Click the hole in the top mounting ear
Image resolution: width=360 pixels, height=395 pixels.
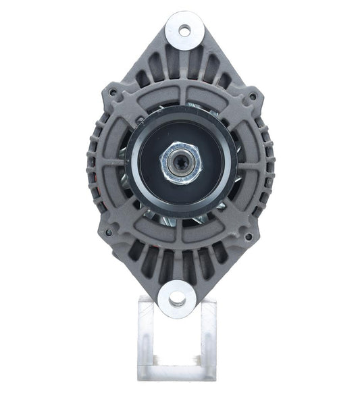(x=184, y=30)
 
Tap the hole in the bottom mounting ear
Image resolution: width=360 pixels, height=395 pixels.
(x=177, y=296)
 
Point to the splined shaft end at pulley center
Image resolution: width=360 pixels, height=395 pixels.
(x=180, y=163)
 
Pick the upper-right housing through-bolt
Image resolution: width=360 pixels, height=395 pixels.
(x=253, y=96)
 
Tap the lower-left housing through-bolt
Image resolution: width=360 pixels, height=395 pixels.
(x=108, y=233)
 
